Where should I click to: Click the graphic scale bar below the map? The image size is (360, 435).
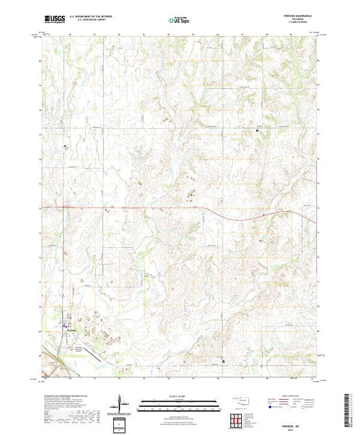[180, 403]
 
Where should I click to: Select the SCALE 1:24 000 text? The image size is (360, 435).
[180, 396]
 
